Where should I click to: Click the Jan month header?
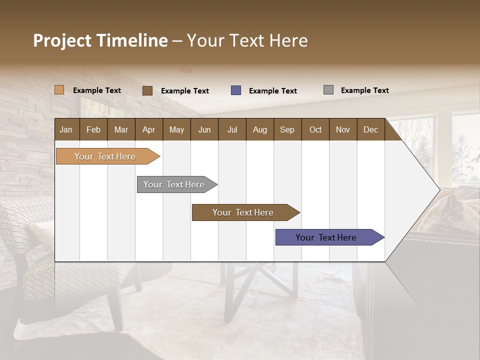pyautogui.click(x=66, y=129)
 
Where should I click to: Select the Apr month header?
pyautogui.click(x=149, y=129)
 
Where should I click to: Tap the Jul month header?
pyautogui.click(x=232, y=129)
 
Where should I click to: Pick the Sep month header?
pyautogui.click(x=287, y=129)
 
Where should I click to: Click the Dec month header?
pyautogui.click(x=370, y=129)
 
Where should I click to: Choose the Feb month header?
pyautogui.click(x=93, y=129)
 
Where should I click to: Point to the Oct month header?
pyautogui.click(x=315, y=129)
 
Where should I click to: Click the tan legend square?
pyautogui.click(x=59, y=90)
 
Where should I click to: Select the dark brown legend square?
pyautogui.click(x=147, y=90)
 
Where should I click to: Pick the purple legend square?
pyautogui.click(x=236, y=90)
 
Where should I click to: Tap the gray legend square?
pyautogui.click(x=328, y=90)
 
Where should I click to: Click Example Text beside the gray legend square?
pyautogui.click(x=364, y=90)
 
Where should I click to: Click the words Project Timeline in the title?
pyautogui.click(x=100, y=40)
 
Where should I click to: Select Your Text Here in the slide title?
pyautogui.click(x=247, y=40)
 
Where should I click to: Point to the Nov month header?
pyautogui.click(x=342, y=129)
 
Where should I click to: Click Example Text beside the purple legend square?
pyautogui.click(x=272, y=91)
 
